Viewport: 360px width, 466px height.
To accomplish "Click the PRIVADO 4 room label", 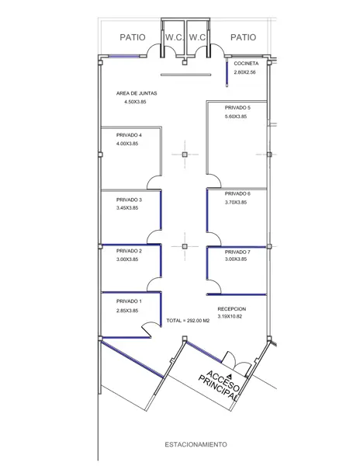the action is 129,135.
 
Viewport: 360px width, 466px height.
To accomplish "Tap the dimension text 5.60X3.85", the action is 236,116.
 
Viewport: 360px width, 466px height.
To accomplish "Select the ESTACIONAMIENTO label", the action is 196,444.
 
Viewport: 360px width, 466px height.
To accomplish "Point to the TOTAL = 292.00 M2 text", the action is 188,321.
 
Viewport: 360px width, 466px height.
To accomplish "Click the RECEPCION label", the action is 232,309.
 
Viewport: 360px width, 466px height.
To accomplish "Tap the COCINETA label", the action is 246,64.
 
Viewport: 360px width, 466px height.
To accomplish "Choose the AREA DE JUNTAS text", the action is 137,93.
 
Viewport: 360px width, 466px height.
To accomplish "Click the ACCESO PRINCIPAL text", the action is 220,385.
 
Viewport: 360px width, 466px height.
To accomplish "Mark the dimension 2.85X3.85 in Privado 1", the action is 127,311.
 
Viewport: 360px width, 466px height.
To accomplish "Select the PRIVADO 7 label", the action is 237,252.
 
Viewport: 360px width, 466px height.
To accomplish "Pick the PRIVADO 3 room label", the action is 129,200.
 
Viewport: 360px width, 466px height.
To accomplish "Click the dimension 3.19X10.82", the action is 230,317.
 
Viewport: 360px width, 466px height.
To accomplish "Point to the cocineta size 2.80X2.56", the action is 244,72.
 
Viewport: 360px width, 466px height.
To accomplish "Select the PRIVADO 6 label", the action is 237,193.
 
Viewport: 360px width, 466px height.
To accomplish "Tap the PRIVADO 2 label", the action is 129,251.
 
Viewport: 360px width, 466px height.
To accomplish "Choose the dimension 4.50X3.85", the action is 135,102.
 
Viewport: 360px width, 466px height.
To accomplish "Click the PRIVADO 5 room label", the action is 237,108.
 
